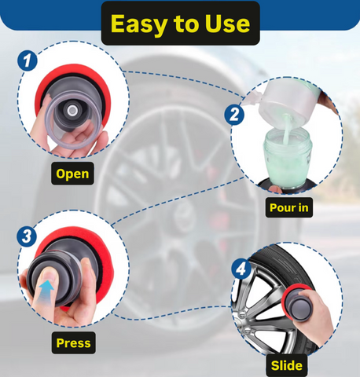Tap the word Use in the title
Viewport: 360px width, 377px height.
227,24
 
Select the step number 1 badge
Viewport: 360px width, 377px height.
28,60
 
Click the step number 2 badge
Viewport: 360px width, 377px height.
234,115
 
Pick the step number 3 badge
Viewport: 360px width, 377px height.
27,236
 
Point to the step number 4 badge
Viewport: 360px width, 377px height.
241,269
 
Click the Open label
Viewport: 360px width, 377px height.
72,174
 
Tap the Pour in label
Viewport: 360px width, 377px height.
289,207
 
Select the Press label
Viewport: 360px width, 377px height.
73,343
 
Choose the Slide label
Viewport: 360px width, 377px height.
287,365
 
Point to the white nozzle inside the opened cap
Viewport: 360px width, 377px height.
72,111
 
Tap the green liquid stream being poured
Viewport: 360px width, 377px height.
287,129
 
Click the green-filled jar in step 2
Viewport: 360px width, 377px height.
288,156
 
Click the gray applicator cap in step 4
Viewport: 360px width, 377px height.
299,306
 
